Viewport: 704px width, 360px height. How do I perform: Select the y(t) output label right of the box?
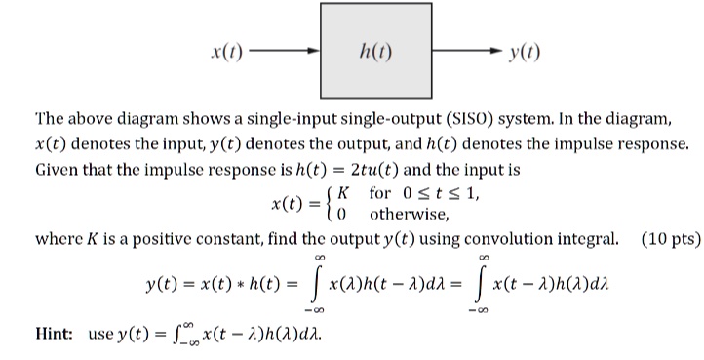[526, 51]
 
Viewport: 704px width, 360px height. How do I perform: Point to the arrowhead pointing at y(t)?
[497, 51]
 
